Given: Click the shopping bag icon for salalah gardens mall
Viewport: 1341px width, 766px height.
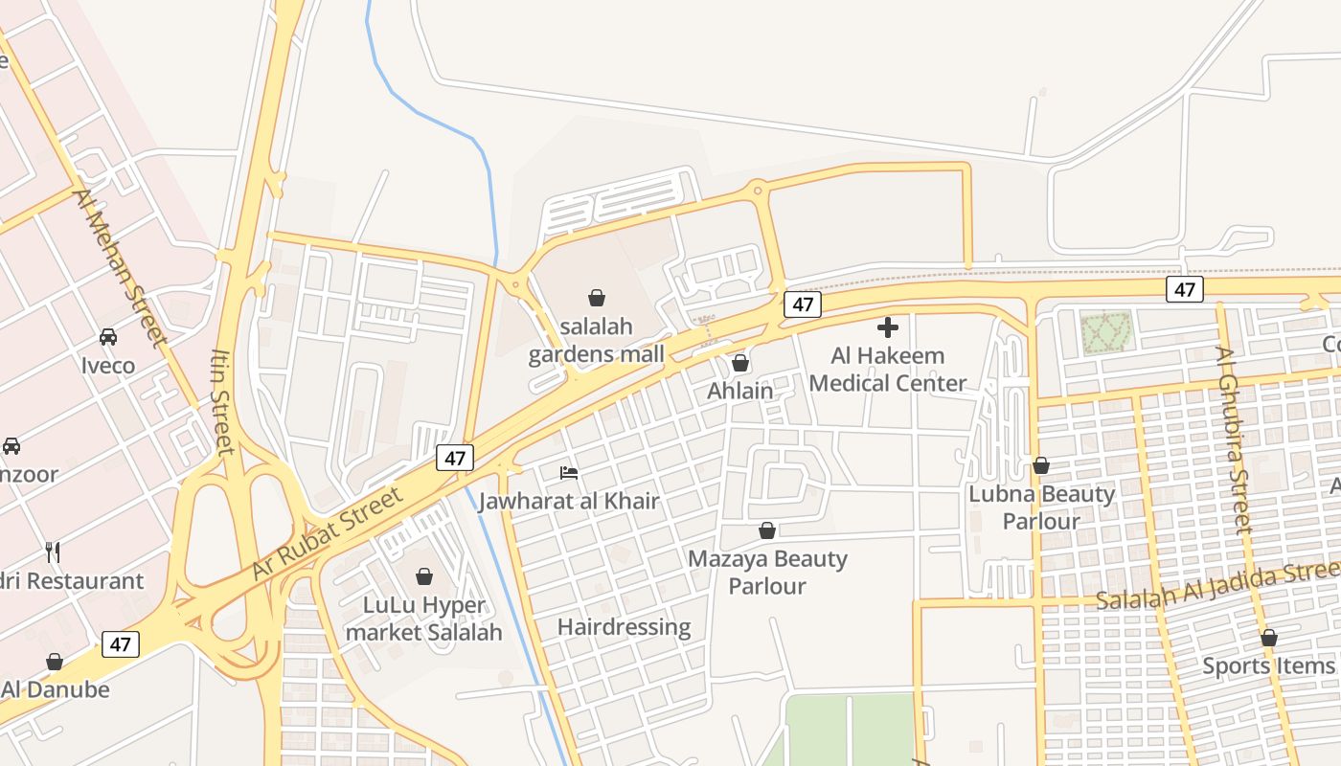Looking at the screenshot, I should tap(597, 298).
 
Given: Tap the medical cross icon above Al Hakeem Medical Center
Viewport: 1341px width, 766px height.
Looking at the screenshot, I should tap(888, 327).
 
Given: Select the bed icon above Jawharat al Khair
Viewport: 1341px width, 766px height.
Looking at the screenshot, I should tap(569, 472).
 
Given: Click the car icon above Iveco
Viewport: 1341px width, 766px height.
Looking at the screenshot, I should tap(108, 337).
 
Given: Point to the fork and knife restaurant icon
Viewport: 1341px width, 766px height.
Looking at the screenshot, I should tap(53, 552).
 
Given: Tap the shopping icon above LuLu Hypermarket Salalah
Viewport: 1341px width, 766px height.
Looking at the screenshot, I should tap(424, 576).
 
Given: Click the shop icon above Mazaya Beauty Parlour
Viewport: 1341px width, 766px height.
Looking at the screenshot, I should tap(767, 530).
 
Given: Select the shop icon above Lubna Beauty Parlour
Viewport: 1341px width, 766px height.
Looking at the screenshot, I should tap(1041, 466).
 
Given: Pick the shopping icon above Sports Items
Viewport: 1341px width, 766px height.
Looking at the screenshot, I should tap(1269, 638).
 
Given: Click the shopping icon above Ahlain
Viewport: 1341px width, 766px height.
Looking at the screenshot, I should tap(740, 363).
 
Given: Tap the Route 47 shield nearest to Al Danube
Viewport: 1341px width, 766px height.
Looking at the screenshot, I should tap(120, 643).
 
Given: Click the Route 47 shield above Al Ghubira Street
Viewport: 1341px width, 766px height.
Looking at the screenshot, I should tap(1185, 289).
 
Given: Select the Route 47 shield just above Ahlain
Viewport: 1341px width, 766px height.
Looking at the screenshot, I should tap(803, 304).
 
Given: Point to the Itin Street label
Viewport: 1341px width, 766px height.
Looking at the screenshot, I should tap(221, 402).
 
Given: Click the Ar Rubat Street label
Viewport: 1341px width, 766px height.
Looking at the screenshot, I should tap(328, 533).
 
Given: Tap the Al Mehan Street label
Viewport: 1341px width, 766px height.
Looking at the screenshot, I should tap(121, 269).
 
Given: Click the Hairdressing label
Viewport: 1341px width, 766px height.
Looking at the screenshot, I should tap(624, 627).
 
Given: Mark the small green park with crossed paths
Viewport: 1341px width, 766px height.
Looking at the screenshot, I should tap(1106, 332).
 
